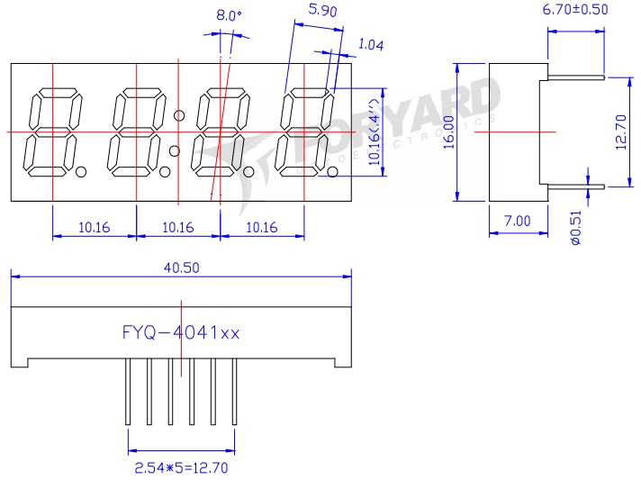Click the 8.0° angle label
tap(230, 15)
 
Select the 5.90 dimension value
tap(322, 11)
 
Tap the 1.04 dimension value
tap(370, 44)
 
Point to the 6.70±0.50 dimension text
tap(575, 10)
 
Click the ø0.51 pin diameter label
tap(576, 227)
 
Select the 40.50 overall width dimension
tap(181, 267)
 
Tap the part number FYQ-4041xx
tap(181, 332)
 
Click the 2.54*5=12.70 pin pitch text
tap(181, 467)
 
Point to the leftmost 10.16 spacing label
tap(94, 227)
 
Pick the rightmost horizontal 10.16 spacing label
tap(261, 227)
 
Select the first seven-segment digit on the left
tap(53, 132)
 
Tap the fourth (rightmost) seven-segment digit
tap(303, 132)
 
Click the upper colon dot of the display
tap(179, 114)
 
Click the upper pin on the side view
tap(574, 77)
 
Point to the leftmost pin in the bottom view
tap(129, 392)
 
